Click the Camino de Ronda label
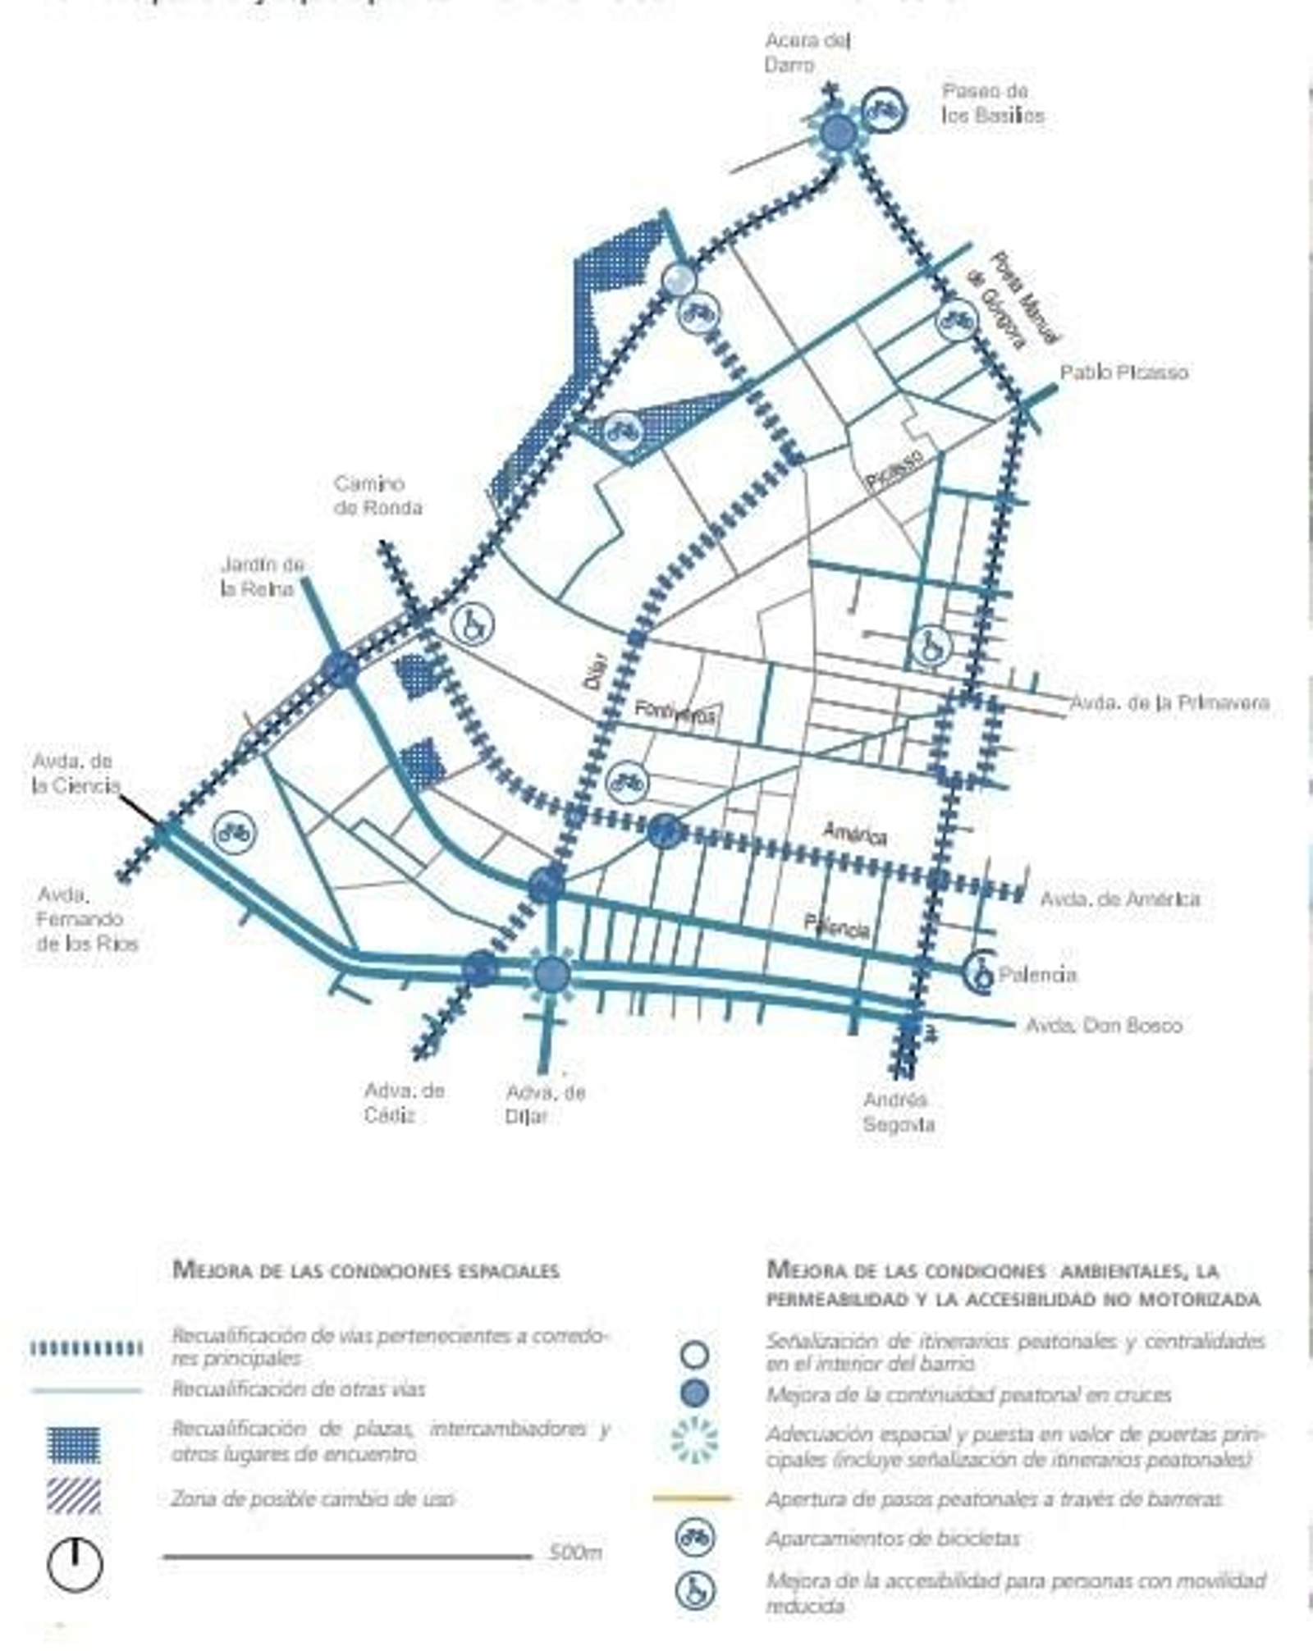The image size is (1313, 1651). pos(377,496)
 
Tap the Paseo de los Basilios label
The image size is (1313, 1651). pos(992,103)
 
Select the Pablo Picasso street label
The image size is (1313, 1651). pos(1123,373)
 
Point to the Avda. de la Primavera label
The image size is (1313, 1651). pos(1169,703)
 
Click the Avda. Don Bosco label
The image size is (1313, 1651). pos(1104,1025)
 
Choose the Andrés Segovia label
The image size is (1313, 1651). pos(898,1112)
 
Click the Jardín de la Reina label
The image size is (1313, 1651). pos(261,576)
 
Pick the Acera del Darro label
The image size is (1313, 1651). pos(807,52)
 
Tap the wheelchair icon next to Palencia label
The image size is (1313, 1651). pos(980,974)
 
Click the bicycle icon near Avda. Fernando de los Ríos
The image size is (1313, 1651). pos(235,833)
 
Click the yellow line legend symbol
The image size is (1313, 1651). pos(692,1498)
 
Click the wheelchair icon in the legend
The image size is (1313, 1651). pos(695,1590)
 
